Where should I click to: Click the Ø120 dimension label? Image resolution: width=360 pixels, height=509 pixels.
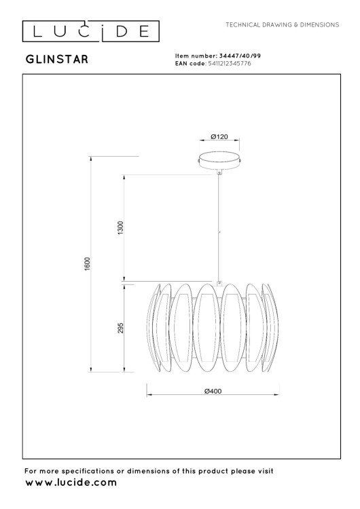(219, 136)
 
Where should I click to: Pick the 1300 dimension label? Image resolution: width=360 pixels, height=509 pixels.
(120, 228)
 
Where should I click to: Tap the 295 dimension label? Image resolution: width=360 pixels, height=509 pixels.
(120, 328)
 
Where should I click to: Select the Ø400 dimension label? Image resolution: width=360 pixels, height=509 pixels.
(214, 391)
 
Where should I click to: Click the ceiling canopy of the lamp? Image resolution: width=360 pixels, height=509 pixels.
(219, 161)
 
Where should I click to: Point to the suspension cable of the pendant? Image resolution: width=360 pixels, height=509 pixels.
(219, 224)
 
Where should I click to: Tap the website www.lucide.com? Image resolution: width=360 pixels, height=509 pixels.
(70, 483)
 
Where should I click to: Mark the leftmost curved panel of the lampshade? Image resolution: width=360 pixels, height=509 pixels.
(154, 328)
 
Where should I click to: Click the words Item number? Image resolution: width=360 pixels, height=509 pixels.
(196, 56)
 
